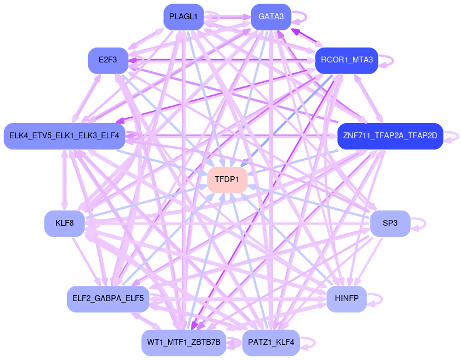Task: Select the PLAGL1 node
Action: (x=183, y=17)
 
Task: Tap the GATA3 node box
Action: (x=271, y=17)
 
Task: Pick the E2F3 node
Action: (x=108, y=60)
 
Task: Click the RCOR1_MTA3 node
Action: (x=347, y=60)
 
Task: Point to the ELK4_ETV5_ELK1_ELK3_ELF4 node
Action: (x=64, y=137)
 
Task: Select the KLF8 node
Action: (x=64, y=223)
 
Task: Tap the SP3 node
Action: (x=390, y=223)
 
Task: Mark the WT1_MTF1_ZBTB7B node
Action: (x=183, y=342)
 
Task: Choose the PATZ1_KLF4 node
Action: (x=271, y=342)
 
